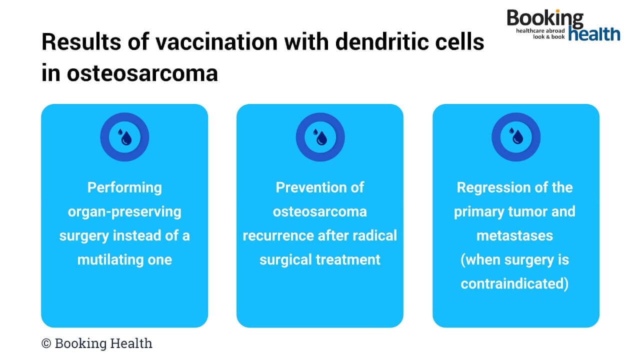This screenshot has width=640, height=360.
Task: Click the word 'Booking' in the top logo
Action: [545, 19]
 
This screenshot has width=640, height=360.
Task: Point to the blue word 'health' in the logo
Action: [594, 33]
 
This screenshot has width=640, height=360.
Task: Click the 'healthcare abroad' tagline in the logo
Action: [540, 31]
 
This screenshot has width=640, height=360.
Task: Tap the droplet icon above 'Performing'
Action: [124, 137]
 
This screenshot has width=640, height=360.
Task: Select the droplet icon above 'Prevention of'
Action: [320, 137]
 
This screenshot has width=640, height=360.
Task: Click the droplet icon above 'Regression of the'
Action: [515, 137]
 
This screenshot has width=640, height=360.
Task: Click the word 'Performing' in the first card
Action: [124, 187]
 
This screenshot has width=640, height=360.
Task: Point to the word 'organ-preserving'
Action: [124, 211]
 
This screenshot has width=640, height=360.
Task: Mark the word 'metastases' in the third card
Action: [515, 235]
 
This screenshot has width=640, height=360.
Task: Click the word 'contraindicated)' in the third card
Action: [515, 283]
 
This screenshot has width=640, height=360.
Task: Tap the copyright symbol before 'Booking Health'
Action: [46, 343]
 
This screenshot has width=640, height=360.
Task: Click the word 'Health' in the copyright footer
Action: [131, 343]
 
